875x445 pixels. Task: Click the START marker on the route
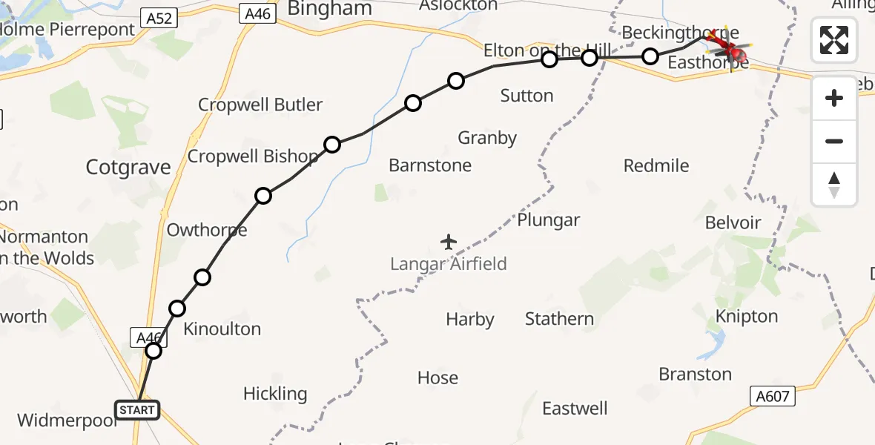click(x=137, y=409)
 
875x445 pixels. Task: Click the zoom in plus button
click(x=834, y=98)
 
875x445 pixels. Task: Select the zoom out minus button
click(x=834, y=141)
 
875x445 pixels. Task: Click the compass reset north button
click(x=834, y=184)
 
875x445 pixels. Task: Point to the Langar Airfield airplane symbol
click(x=449, y=242)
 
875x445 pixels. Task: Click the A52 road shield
click(x=159, y=18)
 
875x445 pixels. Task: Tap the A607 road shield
click(x=772, y=396)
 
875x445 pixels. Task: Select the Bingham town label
click(x=329, y=9)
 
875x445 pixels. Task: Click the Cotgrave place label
click(x=128, y=168)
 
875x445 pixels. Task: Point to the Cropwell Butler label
click(x=260, y=105)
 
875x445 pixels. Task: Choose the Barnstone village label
click(x=430, y=165)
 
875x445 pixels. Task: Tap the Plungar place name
click(x=549, y=220)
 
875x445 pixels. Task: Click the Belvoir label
click(x=733, y=223)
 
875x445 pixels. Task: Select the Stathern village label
click(x=559, y=319)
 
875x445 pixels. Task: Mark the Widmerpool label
click(x=67, y=421)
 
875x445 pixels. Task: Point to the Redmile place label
click(x=656, y=165)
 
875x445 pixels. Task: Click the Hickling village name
click(x=275, y=394)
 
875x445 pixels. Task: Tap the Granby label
click(x=487, y=138)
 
